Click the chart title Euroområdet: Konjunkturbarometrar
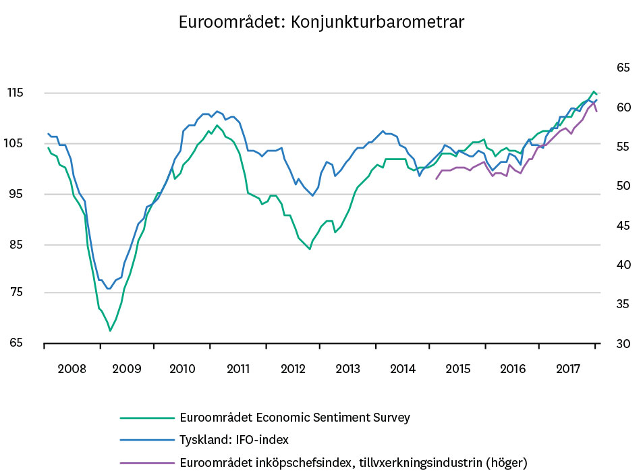pos(321,22)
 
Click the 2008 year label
pos(72,369)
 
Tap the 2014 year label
pos(403,369)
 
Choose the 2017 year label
pos(569,369)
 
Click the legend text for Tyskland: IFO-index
pos(234,440)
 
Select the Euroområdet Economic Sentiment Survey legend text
pos(295,418)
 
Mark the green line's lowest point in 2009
pos(110,330)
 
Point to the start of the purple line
pos(436,179)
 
